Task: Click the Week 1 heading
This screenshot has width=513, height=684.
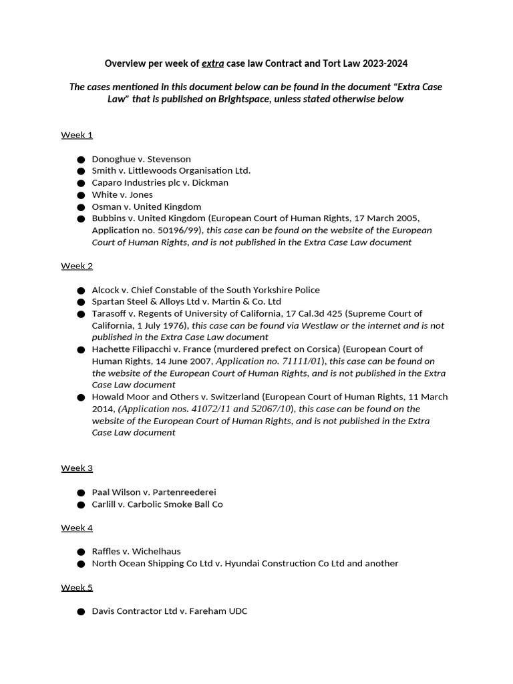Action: (77, 135)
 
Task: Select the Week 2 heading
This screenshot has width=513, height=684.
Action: (77, 266)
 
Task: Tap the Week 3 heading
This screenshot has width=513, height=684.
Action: (77, 468)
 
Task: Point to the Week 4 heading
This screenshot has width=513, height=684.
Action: (77, 528)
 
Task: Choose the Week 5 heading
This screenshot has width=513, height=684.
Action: (77, 588)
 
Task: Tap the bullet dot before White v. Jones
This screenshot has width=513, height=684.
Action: (81, 195)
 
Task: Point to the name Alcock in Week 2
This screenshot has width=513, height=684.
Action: (106, 290)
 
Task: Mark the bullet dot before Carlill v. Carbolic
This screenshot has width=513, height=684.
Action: (81, 505)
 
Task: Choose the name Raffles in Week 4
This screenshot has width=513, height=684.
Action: (108, 552)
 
